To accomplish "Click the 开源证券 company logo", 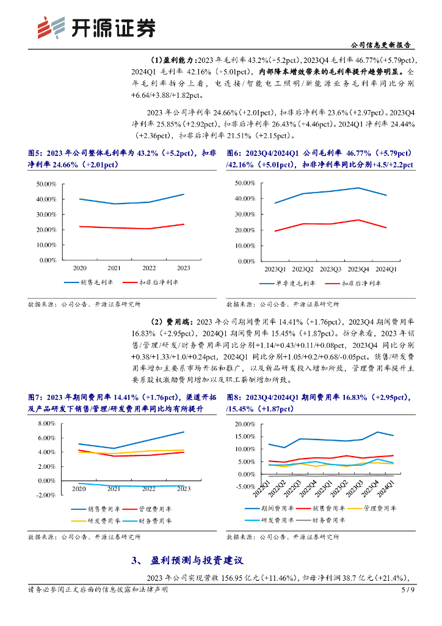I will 95,26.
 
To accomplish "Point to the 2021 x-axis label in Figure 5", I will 114,268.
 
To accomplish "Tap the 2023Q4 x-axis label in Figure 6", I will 358,269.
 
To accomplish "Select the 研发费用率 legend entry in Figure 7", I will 95,521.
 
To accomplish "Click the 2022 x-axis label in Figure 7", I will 149,488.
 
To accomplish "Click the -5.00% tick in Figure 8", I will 244,487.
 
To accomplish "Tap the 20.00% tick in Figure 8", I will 245,424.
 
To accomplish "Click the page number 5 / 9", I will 408,590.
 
